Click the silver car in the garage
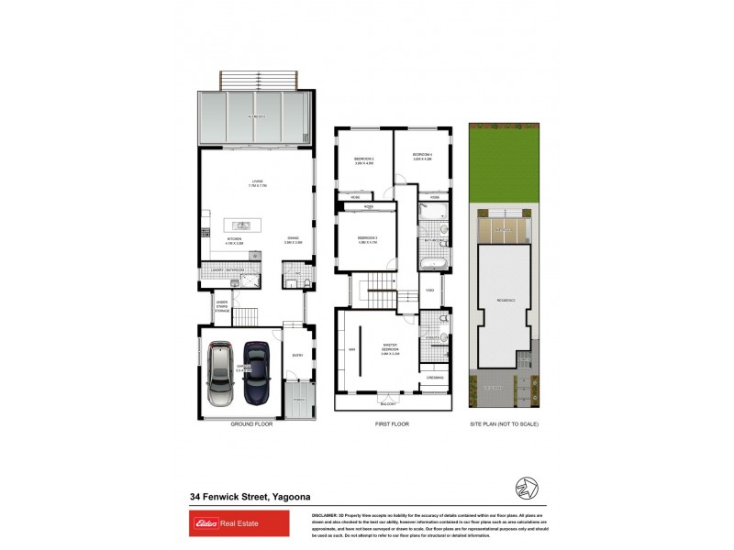click(x=221, y=374)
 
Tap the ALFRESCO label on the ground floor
click(x=255, y=117)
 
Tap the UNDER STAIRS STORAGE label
click(x=221, y=307)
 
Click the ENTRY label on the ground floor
click(x=296, y=356)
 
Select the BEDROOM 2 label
click(x=364, y=160)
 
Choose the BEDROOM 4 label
click(x=422, y=155)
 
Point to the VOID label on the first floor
click(x=429, y=292)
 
